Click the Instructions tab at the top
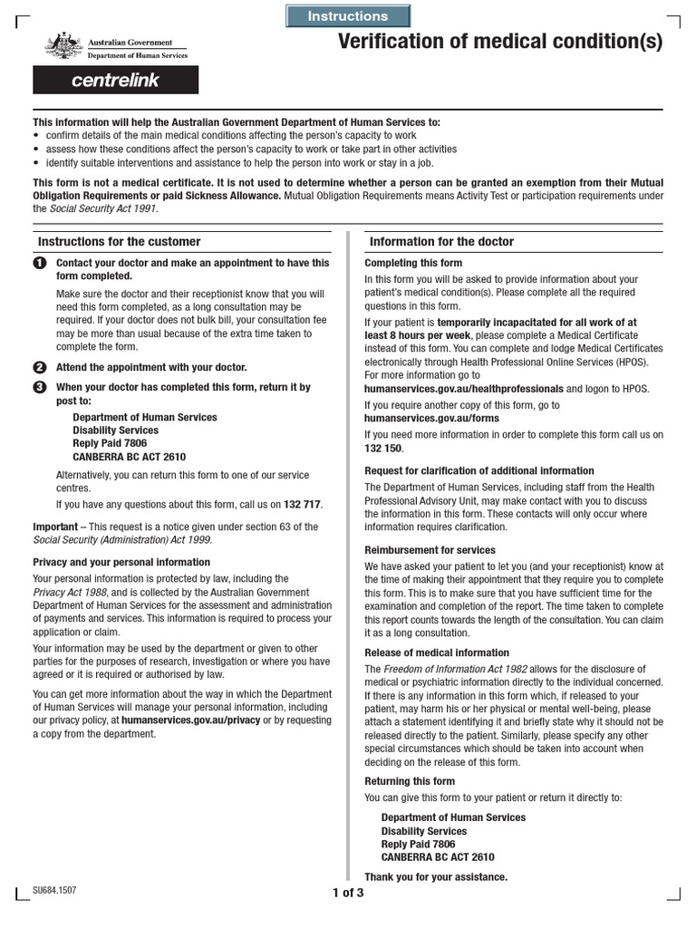tap(348, 16)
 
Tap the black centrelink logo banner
tap(115, 81)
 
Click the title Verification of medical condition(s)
tap(499, 42)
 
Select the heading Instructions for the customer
tap(119, 242)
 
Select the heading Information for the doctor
tap(441, 242)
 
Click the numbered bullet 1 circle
tap(39, 263)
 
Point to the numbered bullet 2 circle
tap(39, 367)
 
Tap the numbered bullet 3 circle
tap(39, 387)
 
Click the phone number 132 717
tap(303, 505)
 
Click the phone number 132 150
tap(383, 449)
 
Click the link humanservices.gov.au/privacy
tap(190, 720)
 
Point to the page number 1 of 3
tap(348, 893)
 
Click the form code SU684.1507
tap(54, 891)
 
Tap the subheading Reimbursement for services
tap(430, 550)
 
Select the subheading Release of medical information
tap(437, 652)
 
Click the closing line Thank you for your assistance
tap(436, 877)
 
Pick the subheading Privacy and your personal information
tap(121, 562)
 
